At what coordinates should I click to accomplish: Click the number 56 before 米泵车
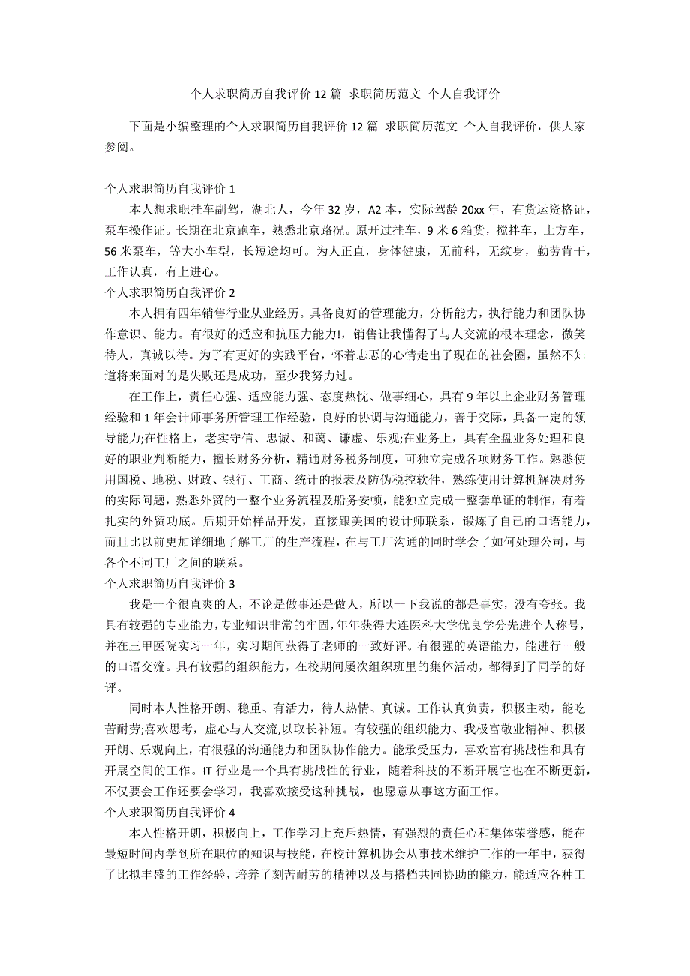113,251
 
